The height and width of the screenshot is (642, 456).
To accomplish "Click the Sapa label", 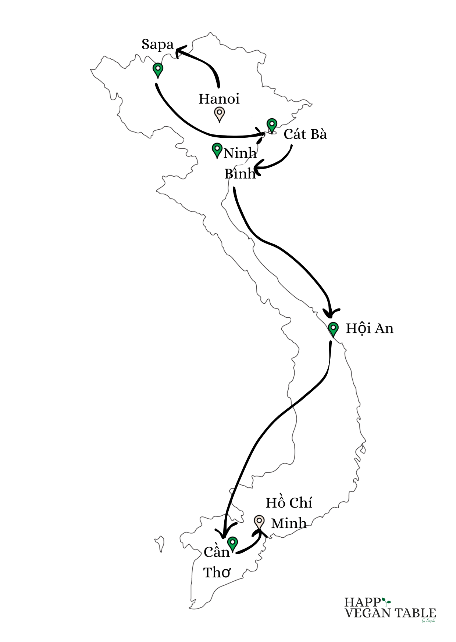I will pyautogui.click(x=157, y=45).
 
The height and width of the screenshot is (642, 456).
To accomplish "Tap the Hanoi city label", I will pyautogui.click(x=219, y=99).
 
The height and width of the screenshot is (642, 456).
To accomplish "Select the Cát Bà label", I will pyautogui.click(x=305, y=134).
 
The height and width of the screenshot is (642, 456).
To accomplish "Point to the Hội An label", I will pyautogui.click(x=369, y=328).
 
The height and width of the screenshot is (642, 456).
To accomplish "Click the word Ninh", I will pyautogui.click(x=240, y=153).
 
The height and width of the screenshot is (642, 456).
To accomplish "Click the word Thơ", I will pyautogui.click(x=217, y=572).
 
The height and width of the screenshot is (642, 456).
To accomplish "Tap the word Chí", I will pyautogui.click(x=302, y=503).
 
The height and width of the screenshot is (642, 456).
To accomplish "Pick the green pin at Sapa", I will pyautogui.click(x=158, y=69).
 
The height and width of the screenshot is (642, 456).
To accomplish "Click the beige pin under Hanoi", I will pyautogui.click(x=219, y=113).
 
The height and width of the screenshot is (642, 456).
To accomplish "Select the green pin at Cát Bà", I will pyautogui.click(x=272, y=125).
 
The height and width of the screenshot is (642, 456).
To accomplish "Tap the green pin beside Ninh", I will pyautogui.click(x=217, y=149).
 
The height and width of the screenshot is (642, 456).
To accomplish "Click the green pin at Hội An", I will pyautogui.click(x=333, y=328).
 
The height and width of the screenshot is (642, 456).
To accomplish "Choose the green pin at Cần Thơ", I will pyautogui.click(x=232, y=542).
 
